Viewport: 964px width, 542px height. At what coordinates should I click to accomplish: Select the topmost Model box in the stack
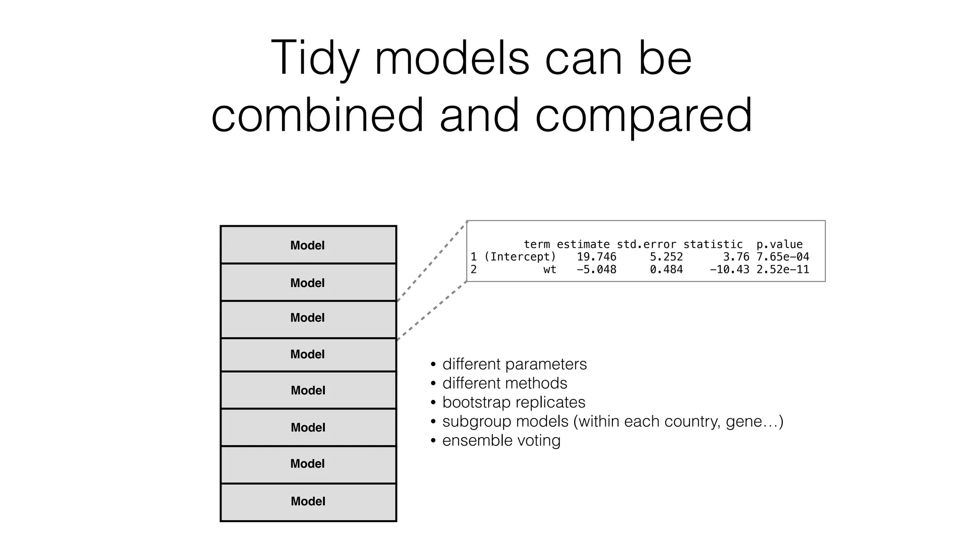pyautogui.click(x=308, y=245)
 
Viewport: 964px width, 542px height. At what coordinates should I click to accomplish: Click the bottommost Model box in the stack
pyautogui.click(x=308, y=502)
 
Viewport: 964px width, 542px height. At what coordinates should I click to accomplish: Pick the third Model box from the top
pyautogui.click(x=308, y=318)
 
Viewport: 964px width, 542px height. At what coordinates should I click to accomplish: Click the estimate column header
pyautogui.click(x=583, y=245)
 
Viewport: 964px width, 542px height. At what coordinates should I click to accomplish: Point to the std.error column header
pyautogui.click(x=646, y=245)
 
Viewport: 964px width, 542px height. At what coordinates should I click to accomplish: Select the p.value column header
pyautogui.click(x=779, y=245)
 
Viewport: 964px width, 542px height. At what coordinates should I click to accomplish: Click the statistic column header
pyautogui.click(x=713, y=245)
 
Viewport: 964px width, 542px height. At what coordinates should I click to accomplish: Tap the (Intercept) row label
pyautogui.click(x=520, y=257)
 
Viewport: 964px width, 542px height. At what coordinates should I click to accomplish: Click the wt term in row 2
pyautogui.click(x=549, y=270)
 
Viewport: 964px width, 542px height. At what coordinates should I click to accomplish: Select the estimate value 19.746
pyautogui.click(x=596, y=257)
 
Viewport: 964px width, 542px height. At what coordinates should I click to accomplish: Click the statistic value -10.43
pyautogui.click(x=729, y=270)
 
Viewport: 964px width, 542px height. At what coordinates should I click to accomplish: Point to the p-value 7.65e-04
pyautogui.click(x=782, y=257)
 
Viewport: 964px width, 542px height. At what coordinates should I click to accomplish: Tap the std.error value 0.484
pyautogui.click(x=666, y=270)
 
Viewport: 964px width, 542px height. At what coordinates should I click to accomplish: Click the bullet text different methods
pyautogui.click(x=505, y=383)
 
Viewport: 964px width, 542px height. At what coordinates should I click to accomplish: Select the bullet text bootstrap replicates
pyautogui.click(x=514, y=403)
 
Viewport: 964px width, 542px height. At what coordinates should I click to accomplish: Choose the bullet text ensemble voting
pyautogui.click(x=501, y=441)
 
